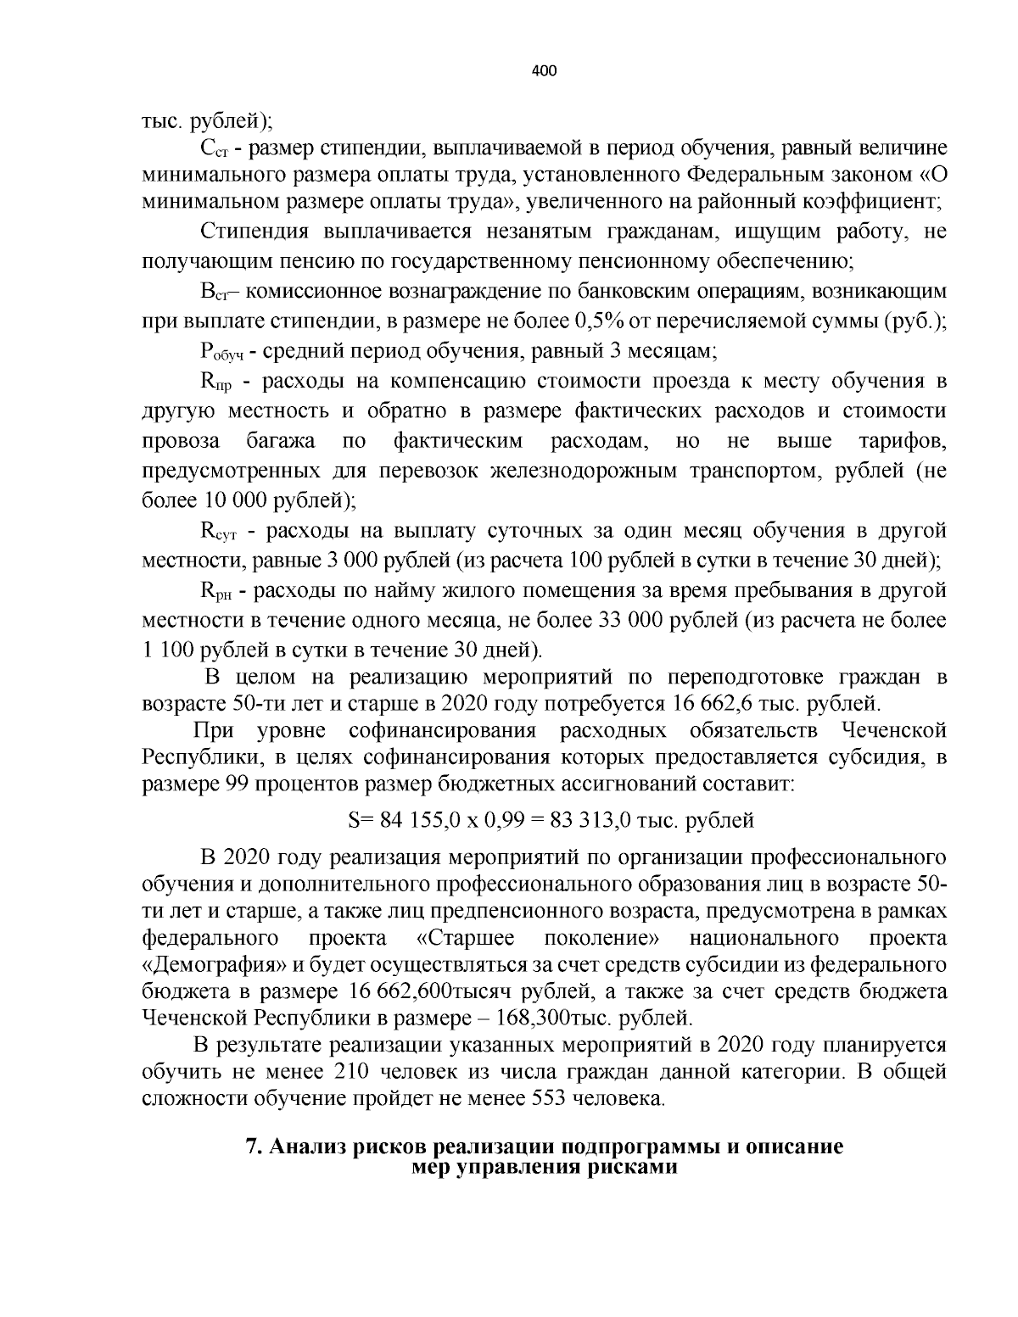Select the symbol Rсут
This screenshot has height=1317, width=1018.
(x=221, y=532)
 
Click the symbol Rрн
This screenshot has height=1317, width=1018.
(x=217, y=591)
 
